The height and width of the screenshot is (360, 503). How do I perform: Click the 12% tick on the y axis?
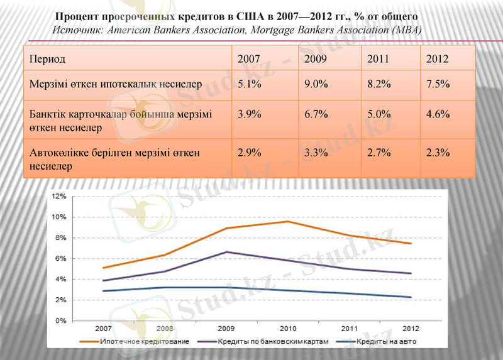pyautogui.click(x=59, y=197)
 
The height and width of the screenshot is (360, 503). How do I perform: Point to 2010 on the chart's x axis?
pyautogui.click(x=287, y=329)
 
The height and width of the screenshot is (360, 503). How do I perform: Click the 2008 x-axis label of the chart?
pyautogui.click(x=165, y=329)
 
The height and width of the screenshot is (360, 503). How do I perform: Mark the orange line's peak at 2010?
pyautogui.click(x=287, y=221)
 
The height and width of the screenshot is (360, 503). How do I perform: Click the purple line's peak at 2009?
pyautogui.click(x=226, y=252)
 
